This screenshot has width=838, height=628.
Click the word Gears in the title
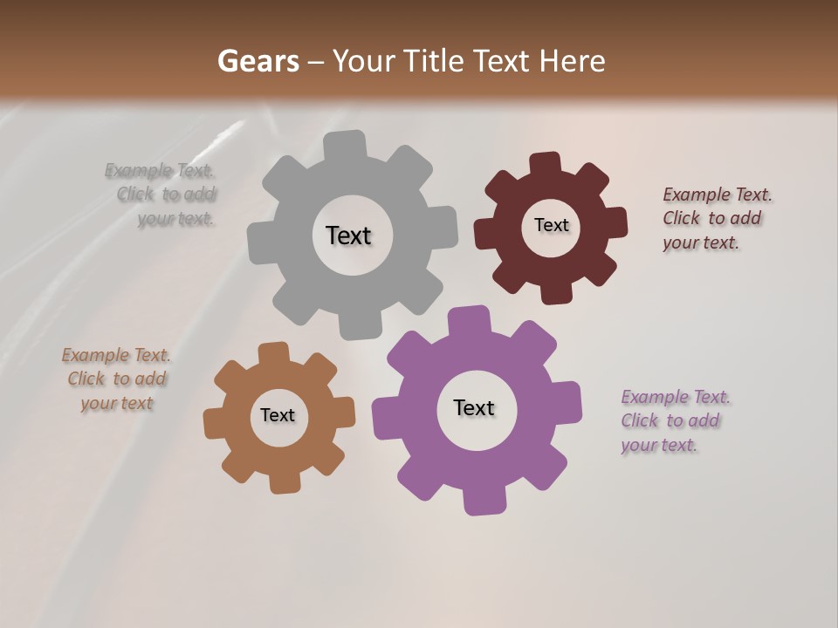(x=258, y=61)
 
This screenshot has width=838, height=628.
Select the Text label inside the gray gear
(x=348, y=235)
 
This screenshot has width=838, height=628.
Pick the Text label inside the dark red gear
(x=551, y=225)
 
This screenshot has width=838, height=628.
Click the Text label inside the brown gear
(x=278, y=415)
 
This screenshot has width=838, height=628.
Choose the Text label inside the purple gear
(x=474, y=407)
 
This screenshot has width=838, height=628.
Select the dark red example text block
(x=716, y=218)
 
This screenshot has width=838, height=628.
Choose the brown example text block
(x=116, y=379)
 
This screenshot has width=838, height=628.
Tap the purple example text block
(x=675, y=421)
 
